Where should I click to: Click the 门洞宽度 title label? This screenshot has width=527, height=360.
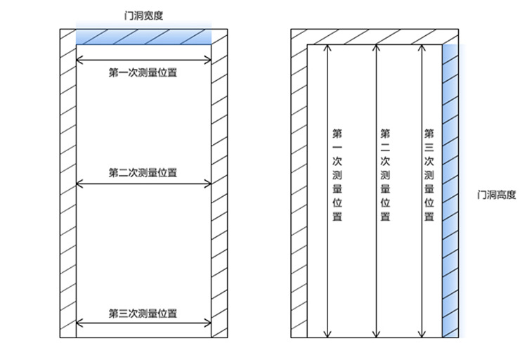(143, 15)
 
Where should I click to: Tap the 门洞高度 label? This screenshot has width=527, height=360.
(496, 195)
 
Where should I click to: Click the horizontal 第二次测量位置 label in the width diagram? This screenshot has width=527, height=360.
(143, 173)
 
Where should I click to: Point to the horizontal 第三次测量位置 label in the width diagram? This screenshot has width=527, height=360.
(143, 313)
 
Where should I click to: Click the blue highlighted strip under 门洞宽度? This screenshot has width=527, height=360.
(143, 36)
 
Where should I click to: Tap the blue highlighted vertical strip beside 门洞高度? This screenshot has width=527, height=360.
(450, 190)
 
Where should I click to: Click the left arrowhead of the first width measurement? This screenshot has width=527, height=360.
(79, 60)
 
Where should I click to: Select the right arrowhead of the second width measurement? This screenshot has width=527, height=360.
(208, 184)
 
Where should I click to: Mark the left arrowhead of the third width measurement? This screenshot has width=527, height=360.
(79, 324)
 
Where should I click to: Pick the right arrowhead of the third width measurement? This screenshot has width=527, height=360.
(208, 324)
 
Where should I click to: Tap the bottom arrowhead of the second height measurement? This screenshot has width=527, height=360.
(376, 335)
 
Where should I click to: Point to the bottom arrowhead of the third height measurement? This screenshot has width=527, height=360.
(423, 335)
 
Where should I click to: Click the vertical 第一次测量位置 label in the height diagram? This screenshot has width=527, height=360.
(337, 175)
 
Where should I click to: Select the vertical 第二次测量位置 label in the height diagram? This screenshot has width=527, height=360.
(385, 175)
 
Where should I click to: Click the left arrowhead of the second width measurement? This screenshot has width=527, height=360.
(79, 184)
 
